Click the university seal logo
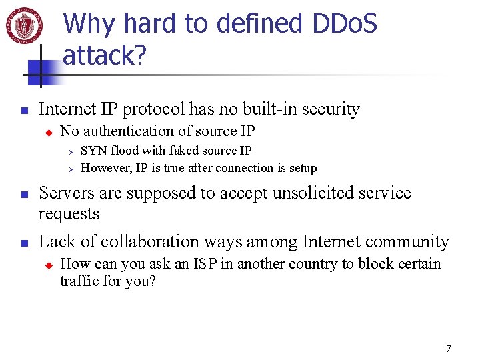pyautogui.click(x=24, y=25)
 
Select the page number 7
pyautogui.click(x=449, y=349)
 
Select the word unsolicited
pyautogui.click(x=327, y=193)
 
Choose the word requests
pyautogui.click(x=69, y=214)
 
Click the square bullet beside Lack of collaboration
pyautogui.click(x=23, y=243)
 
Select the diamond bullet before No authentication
pyautogui.click(x=48, y=132)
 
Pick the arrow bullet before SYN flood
pyautogui.click(x=71, y=151)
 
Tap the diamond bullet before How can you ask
pyautogui.click(x=48, y=265)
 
